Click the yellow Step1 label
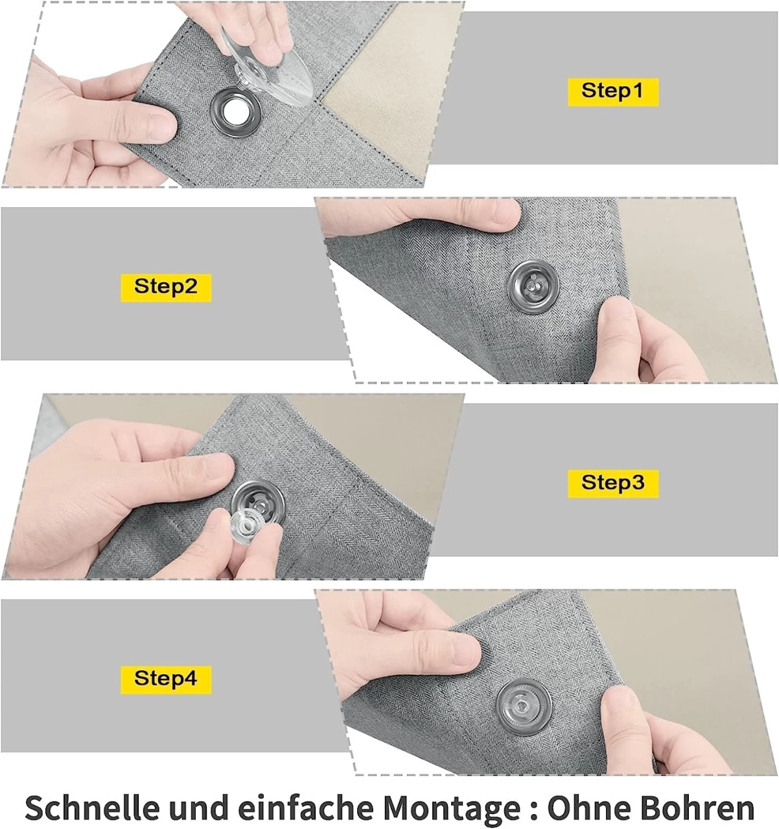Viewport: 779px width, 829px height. point(612,91)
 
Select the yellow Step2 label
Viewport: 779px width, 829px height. point(166,286)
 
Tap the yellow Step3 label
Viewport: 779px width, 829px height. point(612,483)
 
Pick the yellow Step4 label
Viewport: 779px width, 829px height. point(166,679)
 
